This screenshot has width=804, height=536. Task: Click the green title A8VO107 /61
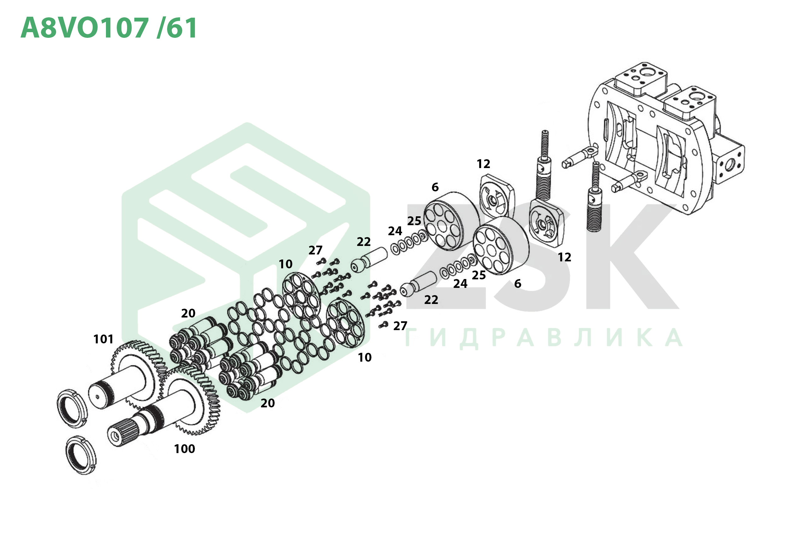(109, 28)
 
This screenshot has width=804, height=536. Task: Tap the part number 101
(103, 339)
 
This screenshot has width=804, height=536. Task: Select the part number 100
(184, 449)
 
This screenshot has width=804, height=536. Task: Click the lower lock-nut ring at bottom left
(81, 455)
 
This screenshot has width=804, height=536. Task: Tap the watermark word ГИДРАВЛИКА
(544, 338)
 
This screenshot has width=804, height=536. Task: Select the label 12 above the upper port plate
(483, 164)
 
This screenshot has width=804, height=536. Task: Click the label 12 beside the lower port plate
(564, 257)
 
